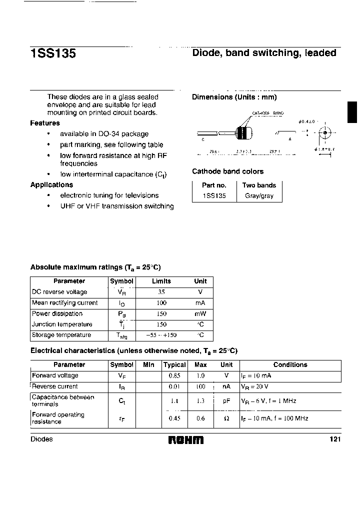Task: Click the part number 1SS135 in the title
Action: click(53, 53)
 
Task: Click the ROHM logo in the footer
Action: click(185, 439)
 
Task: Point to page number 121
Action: click(335, 439)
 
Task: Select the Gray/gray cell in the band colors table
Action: click(259, 196)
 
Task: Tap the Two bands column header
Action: click(259, 185)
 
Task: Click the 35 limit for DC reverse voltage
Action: click(161, 292)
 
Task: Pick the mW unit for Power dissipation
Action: click(200, 314)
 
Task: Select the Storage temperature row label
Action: click(61, 335)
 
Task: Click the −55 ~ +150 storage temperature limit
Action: click(161, 335)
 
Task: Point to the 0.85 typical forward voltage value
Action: click(174, 375)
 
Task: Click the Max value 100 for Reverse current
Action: click(200, 386)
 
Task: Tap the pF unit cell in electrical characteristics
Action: click(226, 401)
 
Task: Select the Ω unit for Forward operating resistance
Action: click(226, 418)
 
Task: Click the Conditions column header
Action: click(290, 365)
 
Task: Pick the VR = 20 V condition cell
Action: click(255, 386)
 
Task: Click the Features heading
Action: click(45, 123)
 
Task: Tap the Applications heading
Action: click(51, 184)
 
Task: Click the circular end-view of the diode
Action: click(325, 133)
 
